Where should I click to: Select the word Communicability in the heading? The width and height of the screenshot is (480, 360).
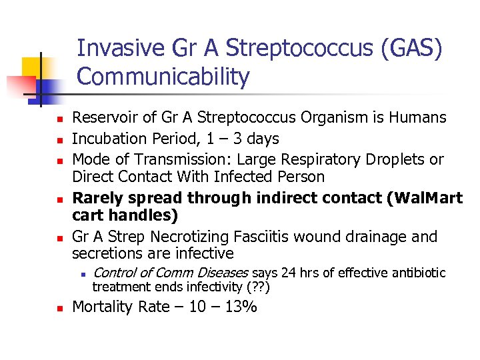pyautogui.click(x=163, y=77)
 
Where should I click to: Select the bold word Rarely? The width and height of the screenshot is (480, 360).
pyautogui.click(x=96, y=198)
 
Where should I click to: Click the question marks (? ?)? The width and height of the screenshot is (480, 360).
pyautogui.click(x=257, y=287)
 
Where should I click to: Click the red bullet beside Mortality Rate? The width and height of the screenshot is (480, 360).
pyautogui.click(x=59, y=308)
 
